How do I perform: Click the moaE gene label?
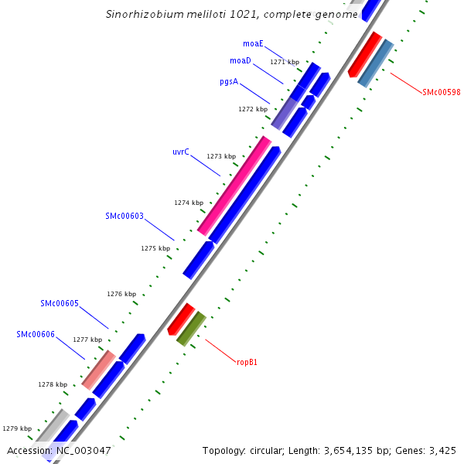click(252, 45)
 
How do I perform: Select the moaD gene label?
click(240, 60)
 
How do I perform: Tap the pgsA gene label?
click(228, 80)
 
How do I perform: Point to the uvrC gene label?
click(181, 152)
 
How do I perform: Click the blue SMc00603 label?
click(125, 216)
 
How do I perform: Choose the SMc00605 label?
click(60, 303)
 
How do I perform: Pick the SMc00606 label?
click(36, 334)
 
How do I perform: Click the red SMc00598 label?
click(441, 92)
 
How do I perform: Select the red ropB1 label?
click(247, 361)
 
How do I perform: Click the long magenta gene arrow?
click(234, 186)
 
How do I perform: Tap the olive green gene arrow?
click(191, 328)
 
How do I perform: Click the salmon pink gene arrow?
click(99, 370)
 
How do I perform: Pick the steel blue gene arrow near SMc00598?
click(376, 63)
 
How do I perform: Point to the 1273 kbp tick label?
click(221, 156)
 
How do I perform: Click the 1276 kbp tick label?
click(121, 294)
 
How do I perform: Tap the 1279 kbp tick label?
click(17, 428)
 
